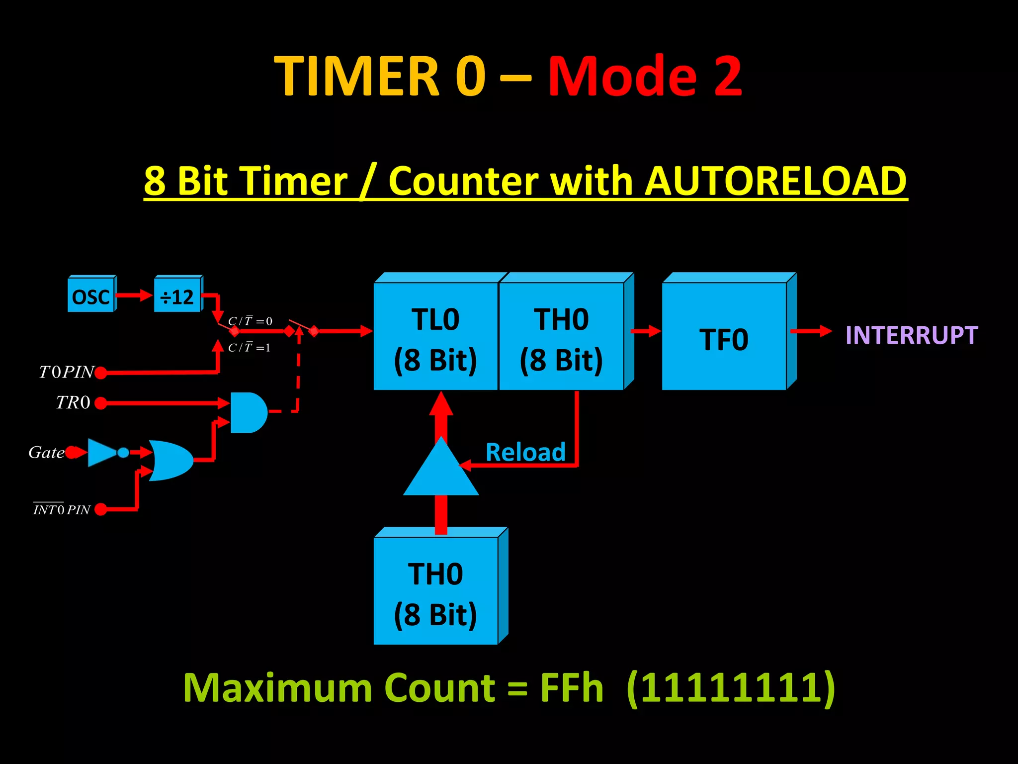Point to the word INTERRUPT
coord(912,335)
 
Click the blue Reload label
coord(525,452)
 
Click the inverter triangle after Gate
coord(102,452)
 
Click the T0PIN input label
coord(66,372)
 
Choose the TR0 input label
coord(73,402)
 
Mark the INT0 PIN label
coord(62,509)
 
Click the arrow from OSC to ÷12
coord(134,295)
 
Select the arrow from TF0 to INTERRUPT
coord(810,331)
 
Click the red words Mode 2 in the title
coord(645,76)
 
